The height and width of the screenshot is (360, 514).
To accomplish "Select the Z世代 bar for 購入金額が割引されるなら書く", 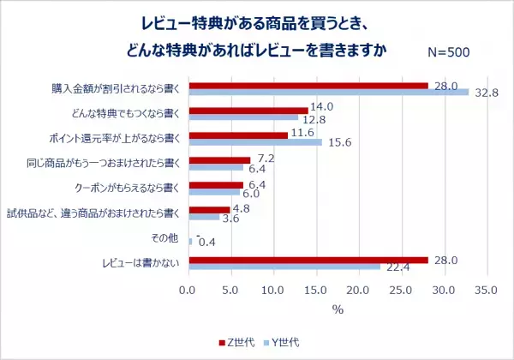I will point(308,86).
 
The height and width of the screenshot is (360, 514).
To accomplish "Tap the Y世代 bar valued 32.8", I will point(328,93).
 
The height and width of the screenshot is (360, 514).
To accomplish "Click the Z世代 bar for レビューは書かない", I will point(308,259).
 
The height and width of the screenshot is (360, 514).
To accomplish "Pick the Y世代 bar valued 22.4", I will point(284,266).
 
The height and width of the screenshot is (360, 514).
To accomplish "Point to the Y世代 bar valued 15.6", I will point(254,142).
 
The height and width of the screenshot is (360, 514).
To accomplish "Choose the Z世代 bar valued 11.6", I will point(237,135).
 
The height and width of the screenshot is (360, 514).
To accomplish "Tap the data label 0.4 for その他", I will point(206,243).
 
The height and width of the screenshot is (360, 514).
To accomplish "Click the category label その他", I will point(166,237).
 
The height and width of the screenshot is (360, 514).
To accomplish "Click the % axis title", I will point(337,309).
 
